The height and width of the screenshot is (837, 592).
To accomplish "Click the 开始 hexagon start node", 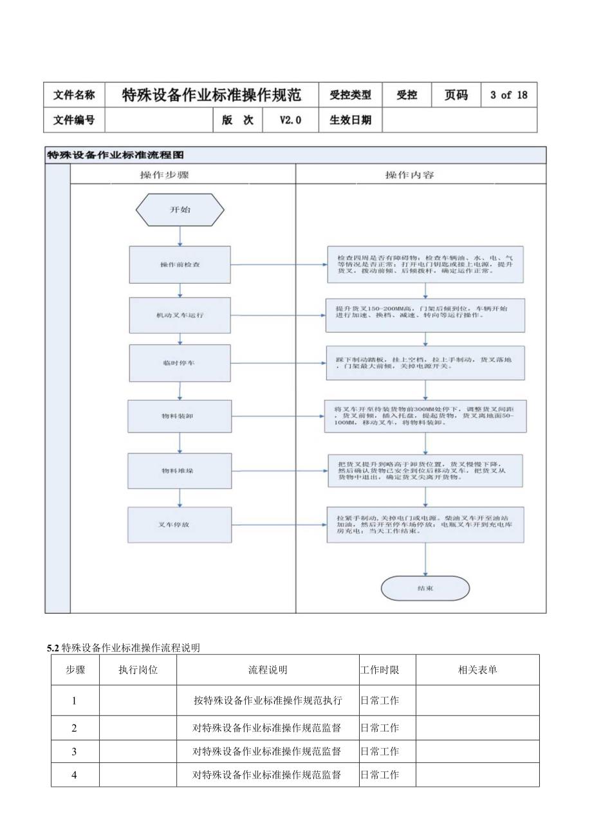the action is (180, 210).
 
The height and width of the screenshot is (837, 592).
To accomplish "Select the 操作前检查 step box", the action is (180, 264).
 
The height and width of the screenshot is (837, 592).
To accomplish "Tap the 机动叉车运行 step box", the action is (180, 315).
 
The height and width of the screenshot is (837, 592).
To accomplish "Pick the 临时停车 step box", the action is (180, 363).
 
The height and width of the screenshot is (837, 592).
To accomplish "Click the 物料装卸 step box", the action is (178, 416).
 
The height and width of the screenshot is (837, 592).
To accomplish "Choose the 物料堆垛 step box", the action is (178, 470).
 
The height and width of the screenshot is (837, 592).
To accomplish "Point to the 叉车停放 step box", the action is (178, 524).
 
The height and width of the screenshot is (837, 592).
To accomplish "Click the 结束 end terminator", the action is (425, 588).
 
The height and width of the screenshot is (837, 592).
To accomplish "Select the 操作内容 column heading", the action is (409, 175).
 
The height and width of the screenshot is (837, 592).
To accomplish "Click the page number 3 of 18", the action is (508, 95).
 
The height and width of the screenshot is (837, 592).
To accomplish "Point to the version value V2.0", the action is (290, 120).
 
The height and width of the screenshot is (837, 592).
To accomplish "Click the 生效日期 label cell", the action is (350, 120).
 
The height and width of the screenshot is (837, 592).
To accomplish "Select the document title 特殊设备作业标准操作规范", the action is (212, 95).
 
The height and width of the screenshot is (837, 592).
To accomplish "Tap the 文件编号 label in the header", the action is (74, 120).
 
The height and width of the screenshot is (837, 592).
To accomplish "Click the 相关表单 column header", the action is (477, 670).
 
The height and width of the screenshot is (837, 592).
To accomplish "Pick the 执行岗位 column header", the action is (138, 670).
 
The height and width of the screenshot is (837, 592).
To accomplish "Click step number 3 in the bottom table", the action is (75, 751).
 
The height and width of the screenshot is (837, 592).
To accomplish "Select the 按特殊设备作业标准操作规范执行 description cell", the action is (268, 701).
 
